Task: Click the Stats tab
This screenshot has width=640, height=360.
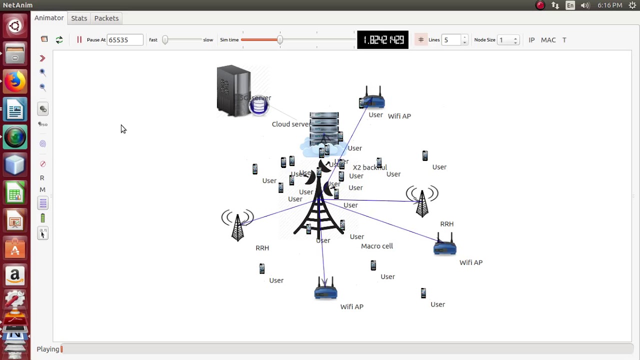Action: point(79,18)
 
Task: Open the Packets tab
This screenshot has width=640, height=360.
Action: point(106,18)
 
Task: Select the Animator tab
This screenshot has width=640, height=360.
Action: point(49,18)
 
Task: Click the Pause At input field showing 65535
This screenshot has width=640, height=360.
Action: point(124,40)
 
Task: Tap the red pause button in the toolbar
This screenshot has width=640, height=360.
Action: point(79,39)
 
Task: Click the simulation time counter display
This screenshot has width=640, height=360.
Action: point(383,40)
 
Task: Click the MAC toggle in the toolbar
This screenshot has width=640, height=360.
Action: point(548,40)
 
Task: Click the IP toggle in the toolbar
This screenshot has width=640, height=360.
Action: point(531,40)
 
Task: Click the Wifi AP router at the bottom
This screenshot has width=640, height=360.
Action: point(325,289)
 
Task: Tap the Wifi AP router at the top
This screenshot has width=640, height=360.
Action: point(372,98)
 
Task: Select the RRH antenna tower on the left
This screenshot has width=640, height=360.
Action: point(237,225)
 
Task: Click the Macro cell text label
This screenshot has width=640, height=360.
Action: point(377,246)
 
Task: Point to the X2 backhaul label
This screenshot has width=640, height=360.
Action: point(370,167)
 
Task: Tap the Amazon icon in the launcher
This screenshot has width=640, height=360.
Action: point(15,275)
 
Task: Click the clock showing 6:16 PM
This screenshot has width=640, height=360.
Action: point(609,5)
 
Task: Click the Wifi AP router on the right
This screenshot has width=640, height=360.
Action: point(444,245)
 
